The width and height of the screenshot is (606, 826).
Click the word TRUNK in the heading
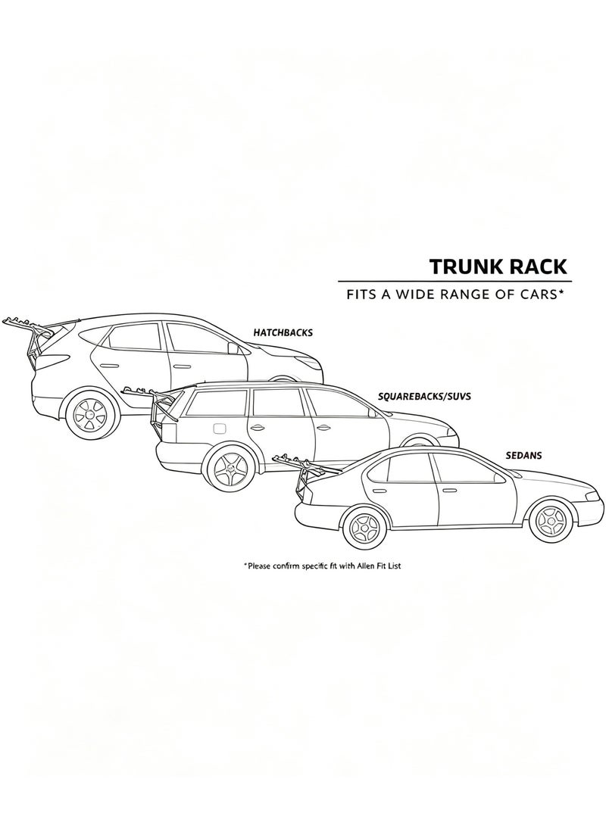pyautogui.click(x=459, y=267)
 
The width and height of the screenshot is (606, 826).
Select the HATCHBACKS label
pyautogui.click(x=283, y=333)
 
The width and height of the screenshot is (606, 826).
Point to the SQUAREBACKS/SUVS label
pyautogui.click(x=424, y=396)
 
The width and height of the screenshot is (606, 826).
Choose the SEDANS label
pyautogui.click(x=523, y=455)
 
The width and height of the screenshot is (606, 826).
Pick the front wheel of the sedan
pyautogui.click(x=551, y=519)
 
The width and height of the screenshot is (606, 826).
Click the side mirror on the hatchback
pyautogui.click(x=232, y=349)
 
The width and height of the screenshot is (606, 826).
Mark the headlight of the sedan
pyautogui.click(x=592, y=497)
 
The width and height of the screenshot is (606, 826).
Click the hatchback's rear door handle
pyautogui.click(x=109, y=365)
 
